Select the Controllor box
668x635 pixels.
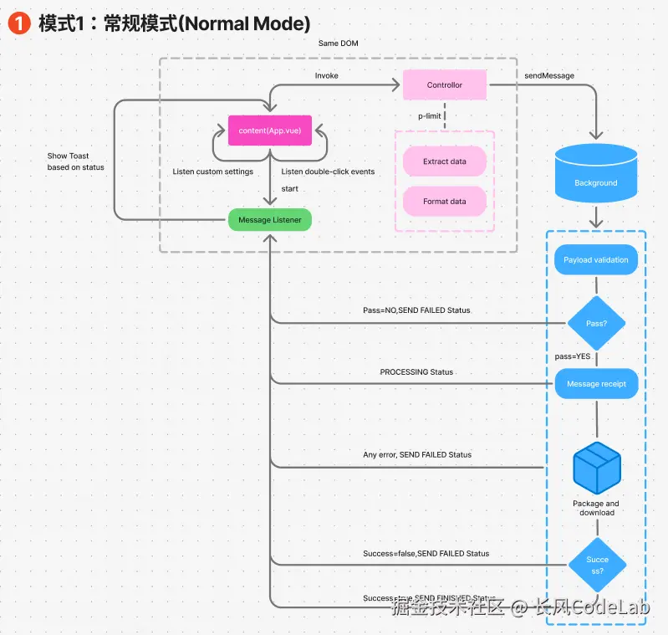(444, 84)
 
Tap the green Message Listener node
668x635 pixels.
(270, 220)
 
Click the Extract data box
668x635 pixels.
(444, 161)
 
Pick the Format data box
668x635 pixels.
(444, 202)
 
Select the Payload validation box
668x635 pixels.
(596, 260)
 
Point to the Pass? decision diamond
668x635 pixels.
(596, 323)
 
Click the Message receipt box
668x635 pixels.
(596, 384)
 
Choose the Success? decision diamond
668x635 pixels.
(597, 565)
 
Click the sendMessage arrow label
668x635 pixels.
(549, 75)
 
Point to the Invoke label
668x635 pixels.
(327, 75)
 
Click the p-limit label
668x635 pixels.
(430, 115)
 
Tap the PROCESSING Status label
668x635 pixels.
(416, 371)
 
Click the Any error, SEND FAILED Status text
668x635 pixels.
(417, 454)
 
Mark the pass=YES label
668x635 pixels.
(573, 356)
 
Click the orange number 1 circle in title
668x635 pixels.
(18, 23)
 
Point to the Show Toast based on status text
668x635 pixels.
(76, 161)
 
